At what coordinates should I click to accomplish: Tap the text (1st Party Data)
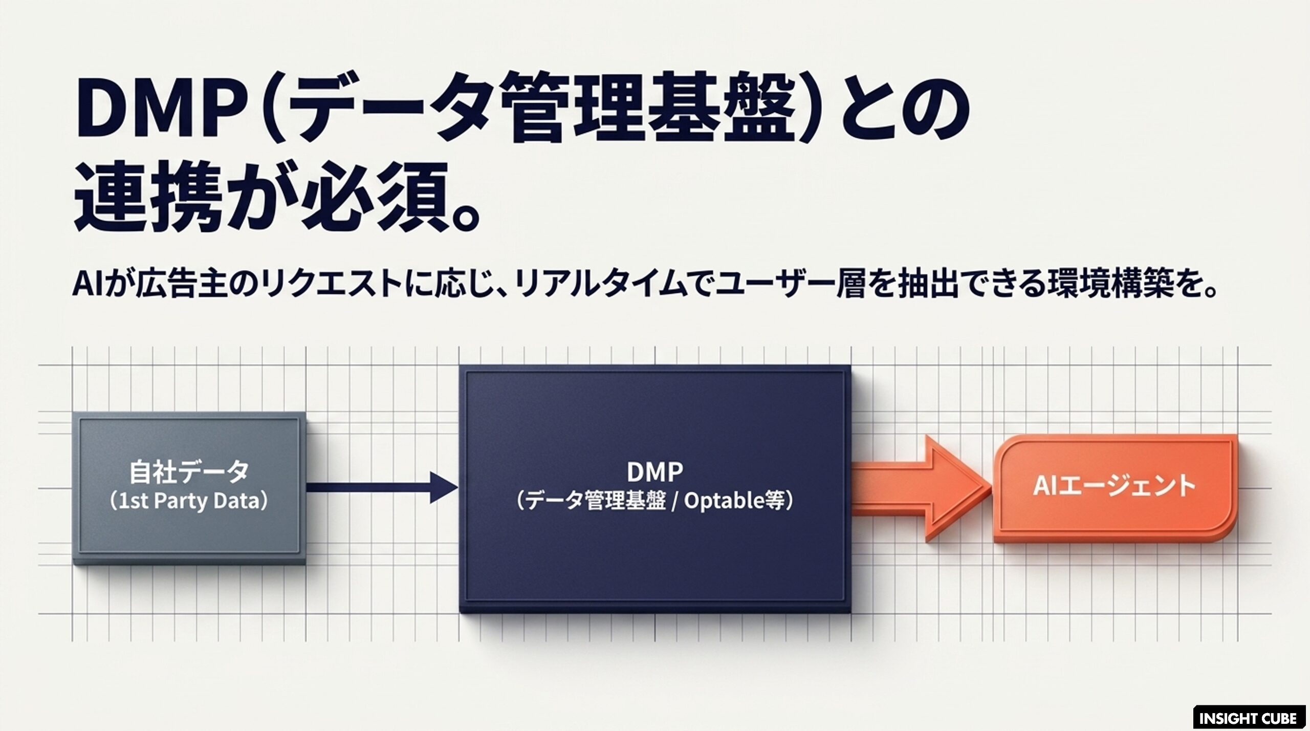tap(188, 501)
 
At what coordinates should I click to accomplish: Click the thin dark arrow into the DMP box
tap(382, 487)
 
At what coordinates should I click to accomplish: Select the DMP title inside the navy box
tap(655, 471)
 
